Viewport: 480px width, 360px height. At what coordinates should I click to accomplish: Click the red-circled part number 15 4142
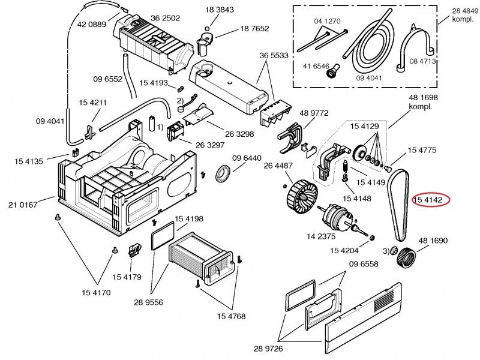click(x=428, y=200)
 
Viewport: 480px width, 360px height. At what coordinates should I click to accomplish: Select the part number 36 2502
click(x=166, y=18)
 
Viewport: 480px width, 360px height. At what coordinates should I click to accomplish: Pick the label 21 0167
click(x=23, y=205)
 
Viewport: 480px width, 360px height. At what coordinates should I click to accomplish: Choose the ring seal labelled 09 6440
click(x=223, y=173)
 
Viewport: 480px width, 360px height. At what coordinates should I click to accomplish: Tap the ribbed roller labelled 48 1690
click(x=406, y=257)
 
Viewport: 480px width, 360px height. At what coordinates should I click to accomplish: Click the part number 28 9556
click(x=148, y=302)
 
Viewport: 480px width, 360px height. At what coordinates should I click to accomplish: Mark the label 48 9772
click(x=314, y=113)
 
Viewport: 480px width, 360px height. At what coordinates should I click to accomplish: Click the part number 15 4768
click(x=232, y=316)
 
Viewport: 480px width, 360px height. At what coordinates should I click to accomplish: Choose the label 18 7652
click(x=254, y=28)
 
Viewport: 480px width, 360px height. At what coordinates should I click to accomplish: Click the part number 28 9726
click(x=268, y=349)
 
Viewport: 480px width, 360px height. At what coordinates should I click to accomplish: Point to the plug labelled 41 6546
click(x=332, y=71)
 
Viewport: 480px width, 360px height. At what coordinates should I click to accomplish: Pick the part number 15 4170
click(x=96, y=293)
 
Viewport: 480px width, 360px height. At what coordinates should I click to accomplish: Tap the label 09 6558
click(x=364, y=264)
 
